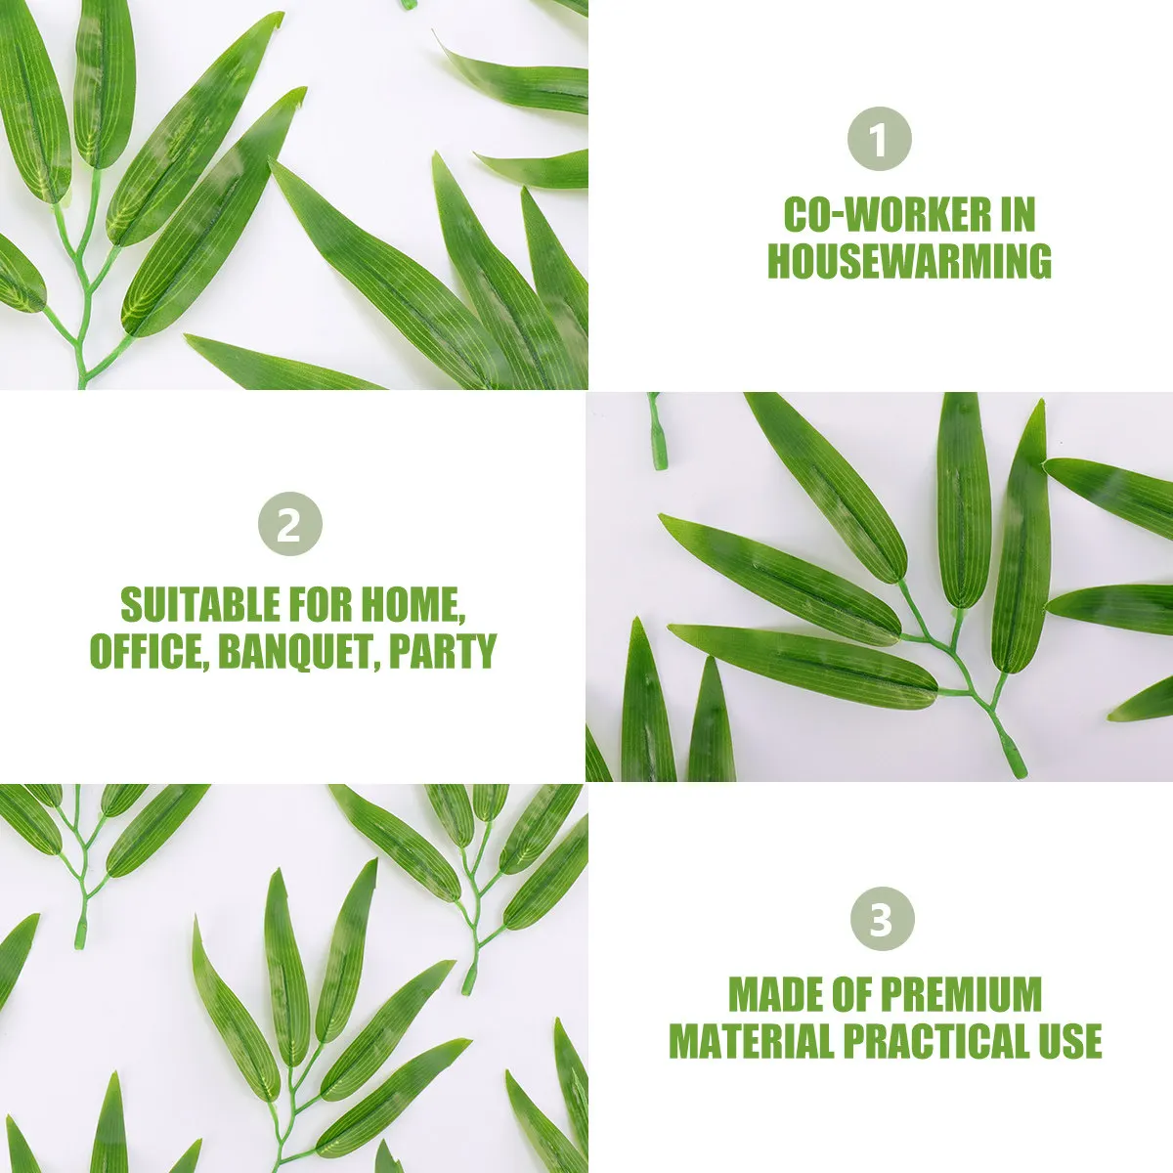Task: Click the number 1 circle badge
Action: coord(879,140)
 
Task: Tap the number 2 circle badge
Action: coord(289,525)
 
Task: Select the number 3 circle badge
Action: coord(881,920)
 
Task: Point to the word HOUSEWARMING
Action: coord(909,261)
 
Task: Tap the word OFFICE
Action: coord(146,651)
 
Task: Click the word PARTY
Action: coord(443,651)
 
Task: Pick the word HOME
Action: coord(411,606)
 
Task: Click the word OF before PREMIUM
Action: coord(853,995)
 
